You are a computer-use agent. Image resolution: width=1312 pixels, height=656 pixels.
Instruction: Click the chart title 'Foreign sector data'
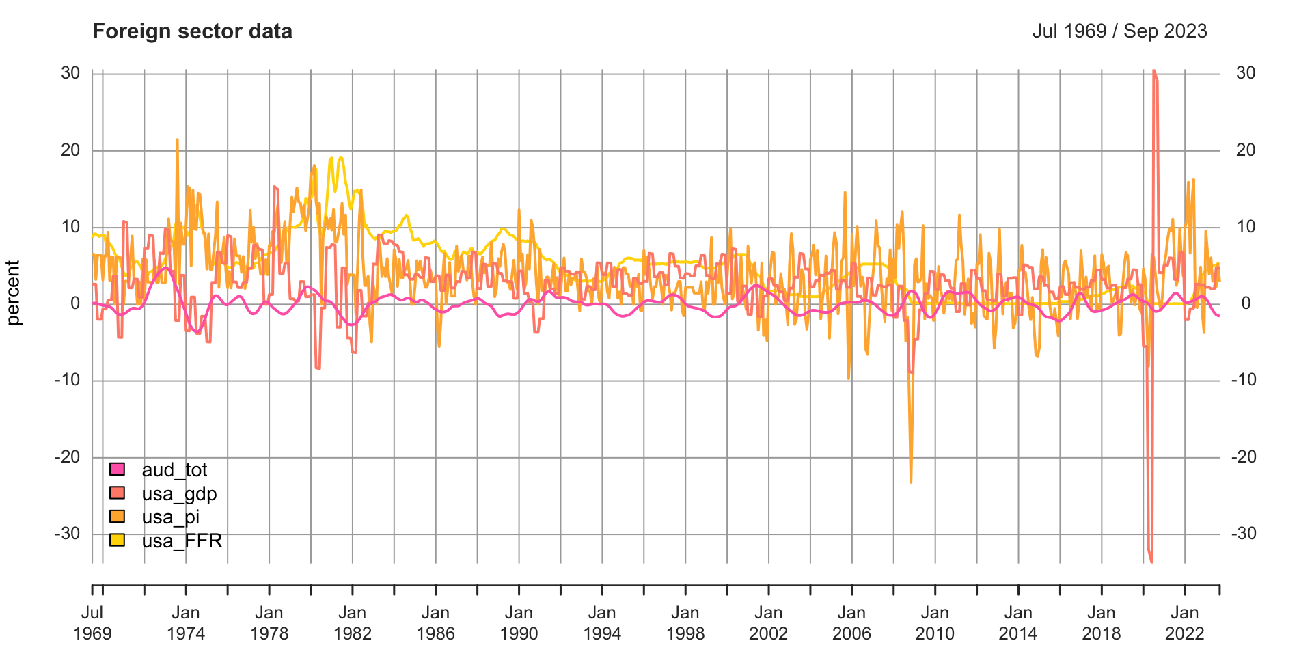tap(192, 31)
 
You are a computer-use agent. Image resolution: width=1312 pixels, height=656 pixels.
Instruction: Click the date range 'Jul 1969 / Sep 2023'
tap(1119, 31)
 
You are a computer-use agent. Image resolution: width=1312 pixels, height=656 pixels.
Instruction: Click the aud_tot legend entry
tap(174, 470)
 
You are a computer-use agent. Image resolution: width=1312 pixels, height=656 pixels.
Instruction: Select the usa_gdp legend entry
tap(179, 494)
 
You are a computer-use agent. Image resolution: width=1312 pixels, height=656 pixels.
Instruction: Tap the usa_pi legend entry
tap(170, 517)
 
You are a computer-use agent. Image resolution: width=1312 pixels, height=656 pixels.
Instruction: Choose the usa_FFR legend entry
tap(182, 541)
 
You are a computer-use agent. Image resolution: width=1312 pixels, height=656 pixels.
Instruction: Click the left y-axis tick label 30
tap(70, 73)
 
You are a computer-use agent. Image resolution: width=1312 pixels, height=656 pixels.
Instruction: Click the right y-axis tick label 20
tap(1246, 150)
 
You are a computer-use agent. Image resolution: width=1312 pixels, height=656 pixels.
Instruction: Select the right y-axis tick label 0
tap(1246, 303)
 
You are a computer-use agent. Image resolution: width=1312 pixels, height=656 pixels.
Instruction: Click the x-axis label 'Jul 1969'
tap(92, 623)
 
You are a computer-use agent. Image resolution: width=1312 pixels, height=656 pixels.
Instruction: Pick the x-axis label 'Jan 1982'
tap(353, 623)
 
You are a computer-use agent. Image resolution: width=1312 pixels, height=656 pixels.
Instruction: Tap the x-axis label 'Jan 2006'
tap(851, 623)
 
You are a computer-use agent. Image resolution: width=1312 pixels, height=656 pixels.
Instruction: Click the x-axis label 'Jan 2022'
tap(1184, 623)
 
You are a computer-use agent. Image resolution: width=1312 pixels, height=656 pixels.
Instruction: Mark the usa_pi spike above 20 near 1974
tap(177, 140)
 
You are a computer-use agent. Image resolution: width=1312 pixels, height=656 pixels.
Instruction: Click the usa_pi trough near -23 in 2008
tap(911, 482)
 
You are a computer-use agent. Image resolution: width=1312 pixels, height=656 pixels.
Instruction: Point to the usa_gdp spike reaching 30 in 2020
tap(1153, 71)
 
